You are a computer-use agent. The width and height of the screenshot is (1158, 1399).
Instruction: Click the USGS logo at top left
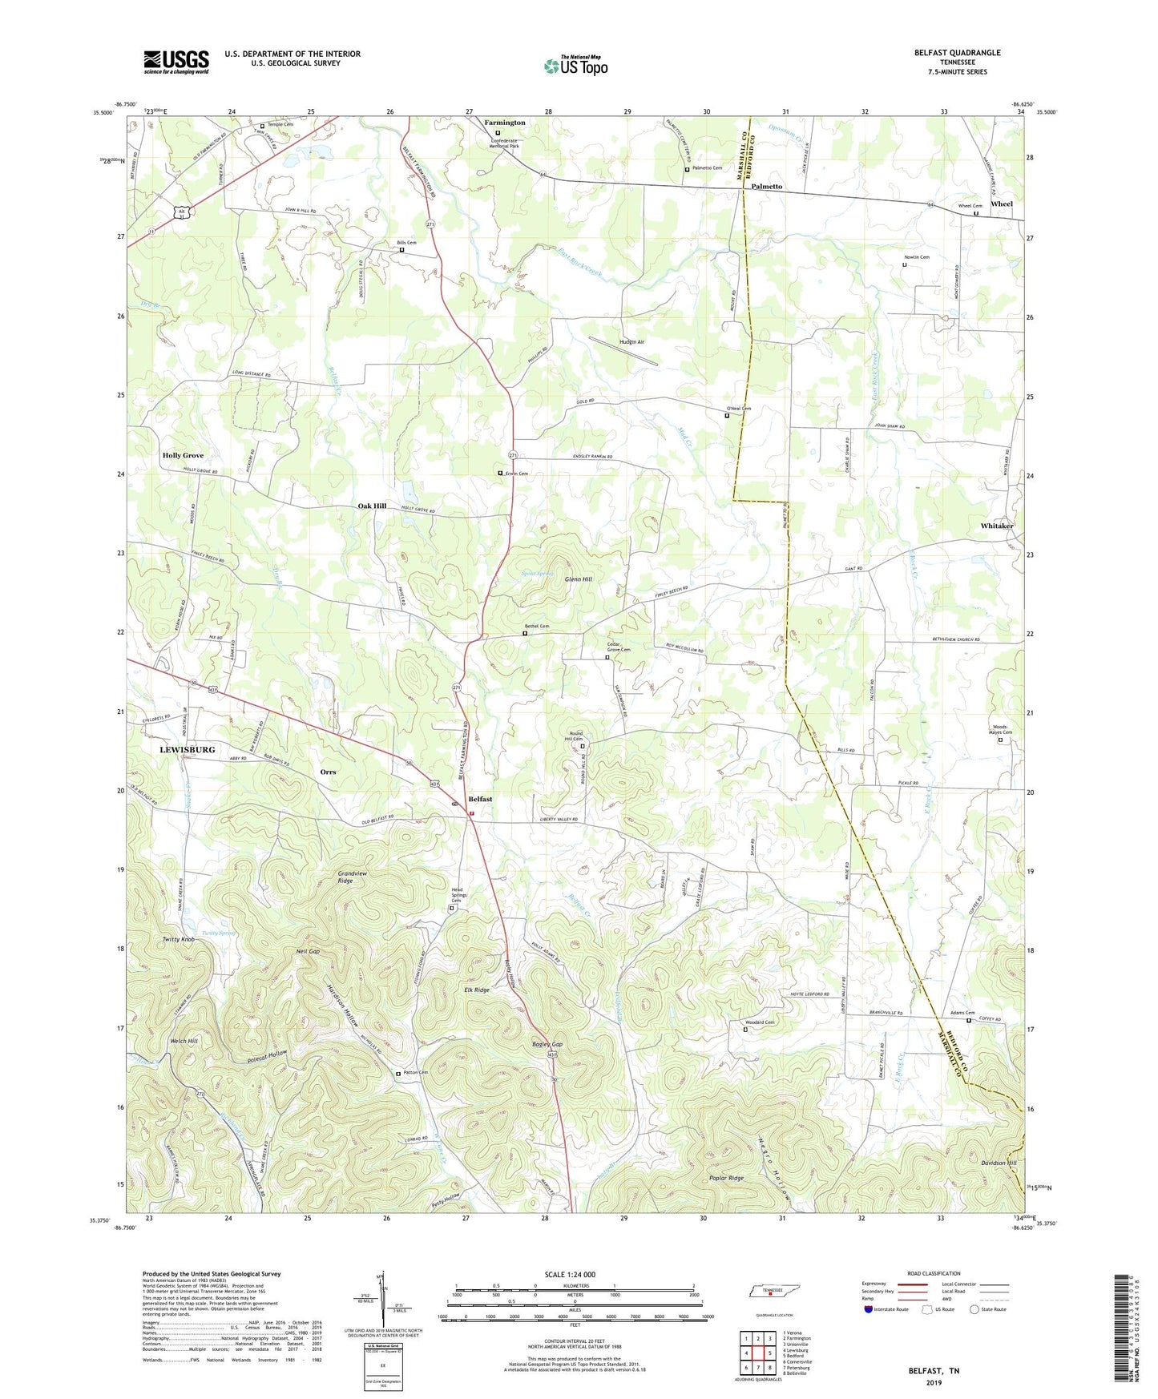tap(176, 61)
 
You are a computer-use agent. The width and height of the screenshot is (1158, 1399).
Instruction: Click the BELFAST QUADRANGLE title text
tap(957, 53)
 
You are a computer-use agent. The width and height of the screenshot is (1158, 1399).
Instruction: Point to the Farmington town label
tap(505, 123)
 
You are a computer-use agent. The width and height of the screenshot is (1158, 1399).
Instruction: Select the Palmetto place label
tap(767, 186)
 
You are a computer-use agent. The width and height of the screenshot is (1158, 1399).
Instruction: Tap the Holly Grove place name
tap(183, 455)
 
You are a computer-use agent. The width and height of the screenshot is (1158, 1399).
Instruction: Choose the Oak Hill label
tap(372, 506)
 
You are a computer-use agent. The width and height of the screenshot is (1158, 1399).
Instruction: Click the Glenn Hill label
tap(578, 579)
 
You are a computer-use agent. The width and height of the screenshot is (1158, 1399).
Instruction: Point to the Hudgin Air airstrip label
tap(631, 342)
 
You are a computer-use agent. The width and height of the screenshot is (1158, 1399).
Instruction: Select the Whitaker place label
tap(997, 526)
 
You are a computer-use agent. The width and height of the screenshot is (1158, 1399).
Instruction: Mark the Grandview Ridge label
tap(334, 877)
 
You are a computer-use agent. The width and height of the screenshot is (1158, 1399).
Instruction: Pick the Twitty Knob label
tap(178, 938)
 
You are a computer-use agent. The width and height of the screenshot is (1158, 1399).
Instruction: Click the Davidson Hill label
tap(999, 1163)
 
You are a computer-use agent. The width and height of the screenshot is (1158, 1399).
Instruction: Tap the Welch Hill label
tap(183, 1041)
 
